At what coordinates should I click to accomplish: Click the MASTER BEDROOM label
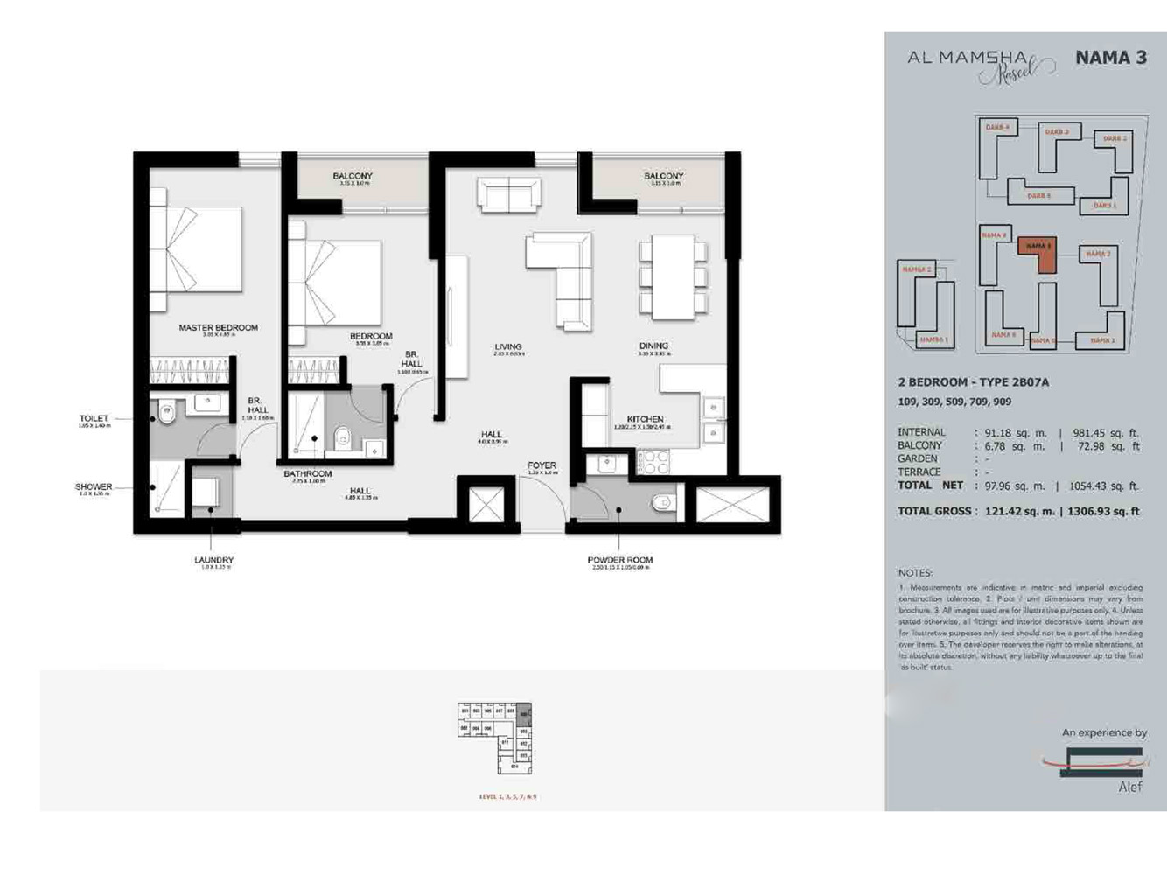(218, 328)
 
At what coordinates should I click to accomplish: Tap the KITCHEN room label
(645, 419)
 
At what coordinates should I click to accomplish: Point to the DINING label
(653, 346)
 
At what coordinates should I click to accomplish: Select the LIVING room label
(507, 347)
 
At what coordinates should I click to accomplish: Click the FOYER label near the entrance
(542, 465)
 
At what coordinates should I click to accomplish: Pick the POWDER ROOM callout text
(619, 560)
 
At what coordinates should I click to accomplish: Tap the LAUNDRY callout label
(213, 560)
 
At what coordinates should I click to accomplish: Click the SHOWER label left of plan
(94, 486)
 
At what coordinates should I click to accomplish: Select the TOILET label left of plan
(94, 419)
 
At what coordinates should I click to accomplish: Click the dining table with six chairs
(673, 277)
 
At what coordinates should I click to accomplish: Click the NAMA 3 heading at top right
(1110, 58)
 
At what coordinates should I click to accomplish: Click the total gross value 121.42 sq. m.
(1017, 511)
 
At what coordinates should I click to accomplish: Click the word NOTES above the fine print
(915, 572)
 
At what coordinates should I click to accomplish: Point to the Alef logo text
(1130, 787)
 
